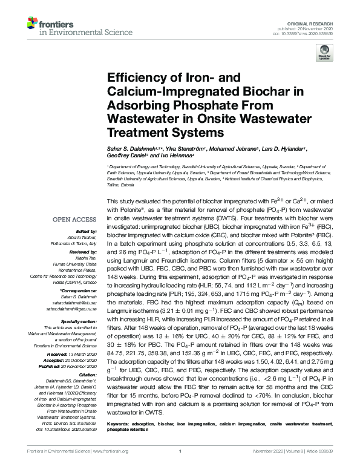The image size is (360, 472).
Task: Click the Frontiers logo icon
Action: pos(33,24)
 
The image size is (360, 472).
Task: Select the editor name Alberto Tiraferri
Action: pos(84,237)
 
